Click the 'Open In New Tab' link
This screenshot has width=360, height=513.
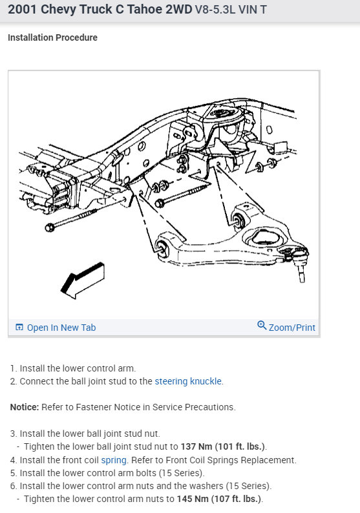(x=61, y=328)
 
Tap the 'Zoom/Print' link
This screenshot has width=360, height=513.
(x=291, y=328)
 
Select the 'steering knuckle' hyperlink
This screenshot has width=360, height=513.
(x=188, y=381)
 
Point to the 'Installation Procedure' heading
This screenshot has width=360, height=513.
(x=52, y=37)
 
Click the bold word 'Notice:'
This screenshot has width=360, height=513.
(x=25, y=407)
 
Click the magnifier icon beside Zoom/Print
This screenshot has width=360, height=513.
(x=262, y=326)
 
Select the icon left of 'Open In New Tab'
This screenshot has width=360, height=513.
(x=19, y=328)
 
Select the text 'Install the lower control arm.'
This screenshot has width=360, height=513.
(x=78, y=368)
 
